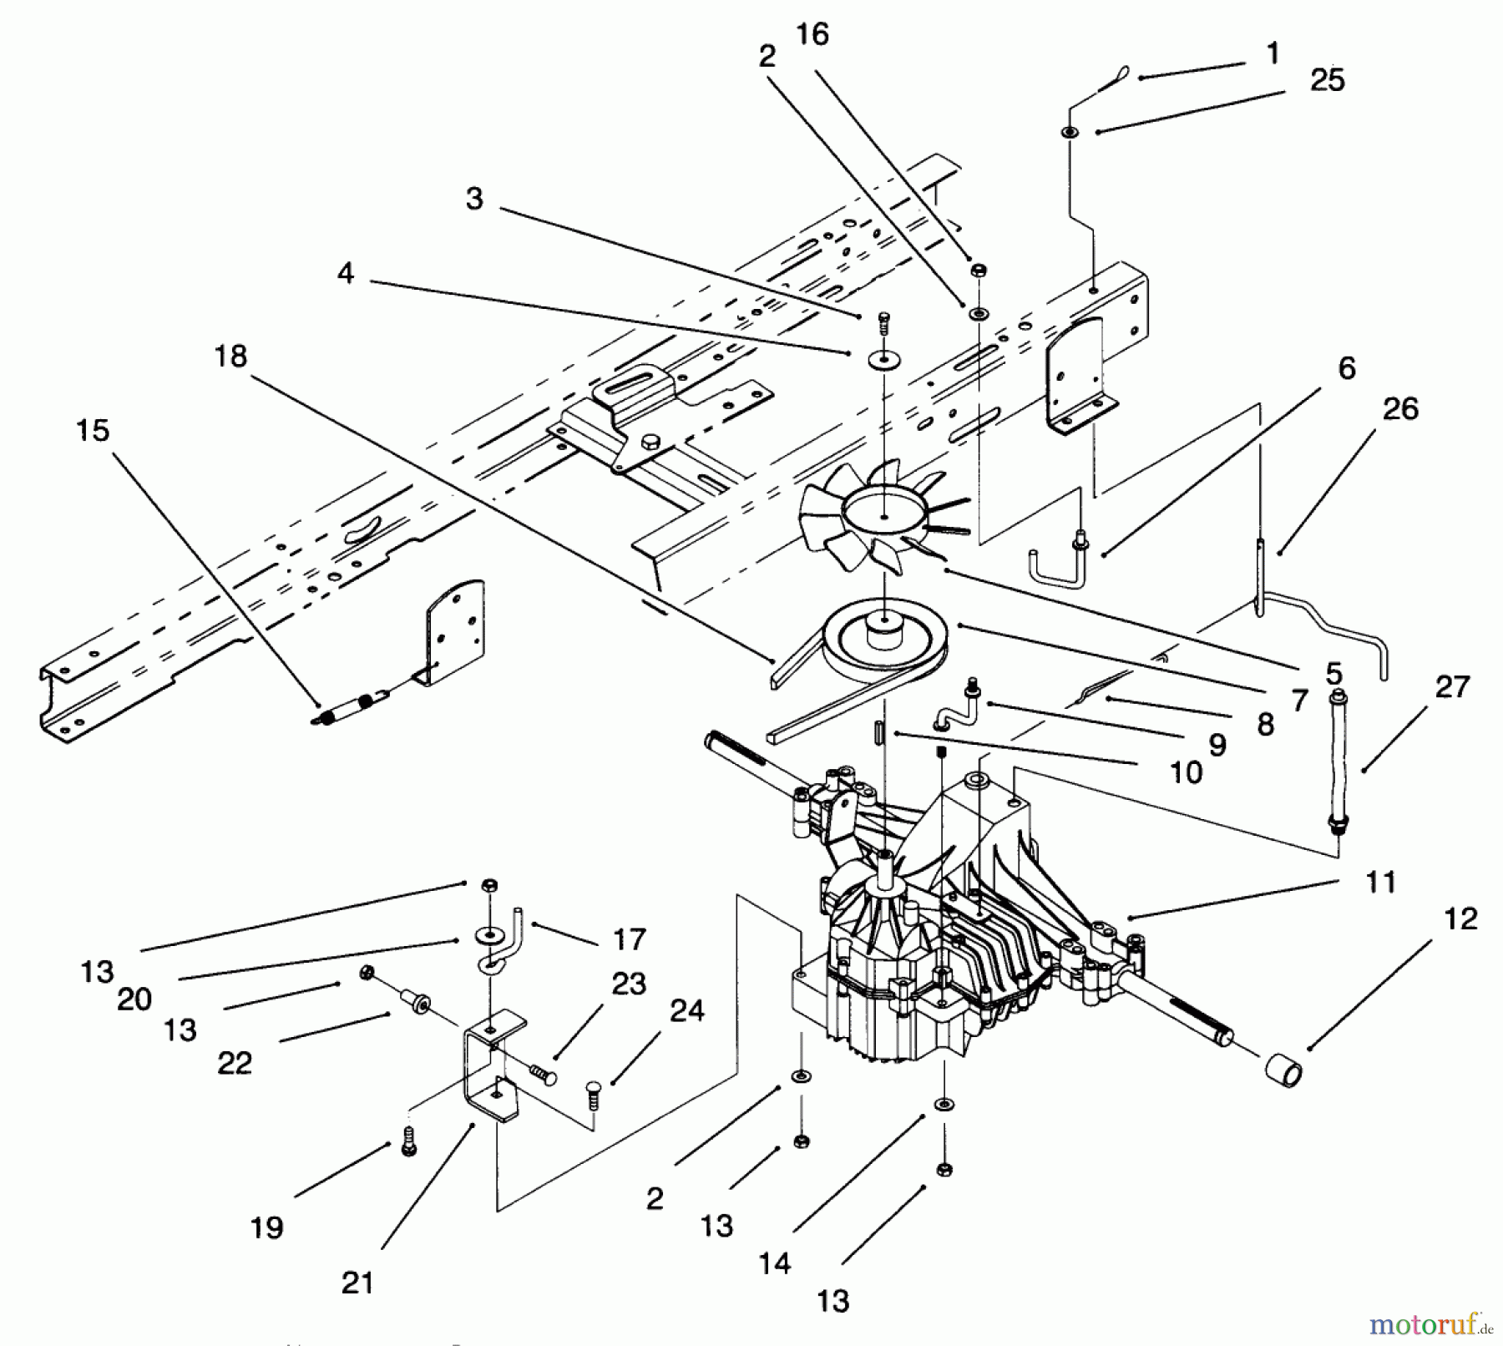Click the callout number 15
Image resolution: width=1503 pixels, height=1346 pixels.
(x=93, y=431)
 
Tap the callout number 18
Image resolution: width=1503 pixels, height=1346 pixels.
(x=230, y=357)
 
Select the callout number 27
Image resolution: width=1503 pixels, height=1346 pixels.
(x=1452, y=686)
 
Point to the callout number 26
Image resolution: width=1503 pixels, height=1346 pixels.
(x=1400, y=408)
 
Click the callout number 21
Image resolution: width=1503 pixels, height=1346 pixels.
(x=357, y=1282)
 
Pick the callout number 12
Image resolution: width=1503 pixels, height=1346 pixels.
(x=1460, y=918)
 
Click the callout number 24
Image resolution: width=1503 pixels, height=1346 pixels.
(x=687, y=1011)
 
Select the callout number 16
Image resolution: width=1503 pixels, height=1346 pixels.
(x=812, y=35)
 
